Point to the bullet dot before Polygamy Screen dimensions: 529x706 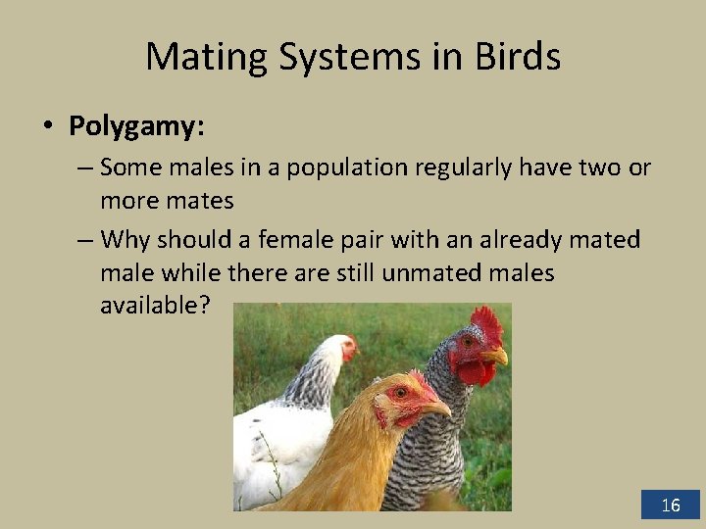[x=46, y=126]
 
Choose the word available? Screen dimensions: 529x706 [x=155, y=306]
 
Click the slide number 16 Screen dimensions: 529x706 [x=671, y=505]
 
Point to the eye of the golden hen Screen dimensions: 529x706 [x=400, y=392]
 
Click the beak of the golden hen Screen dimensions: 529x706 [x=437, y=406]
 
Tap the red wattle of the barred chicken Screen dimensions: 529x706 [x=477, y=372]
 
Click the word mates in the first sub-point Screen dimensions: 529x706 [x=202, y=201]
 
